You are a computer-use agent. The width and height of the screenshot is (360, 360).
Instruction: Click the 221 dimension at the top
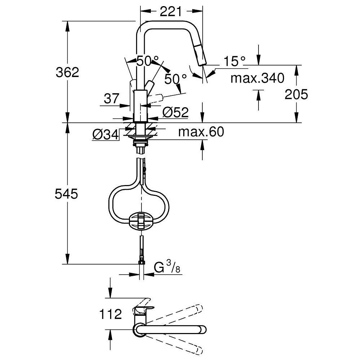coord(170,12)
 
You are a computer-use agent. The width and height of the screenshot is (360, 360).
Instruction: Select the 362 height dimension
coord(67,72)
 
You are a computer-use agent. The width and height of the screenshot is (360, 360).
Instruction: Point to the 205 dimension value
coord(296,94)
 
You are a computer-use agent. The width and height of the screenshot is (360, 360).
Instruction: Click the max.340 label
coord(257,77)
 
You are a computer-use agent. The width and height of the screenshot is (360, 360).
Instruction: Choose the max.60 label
coord(201,132)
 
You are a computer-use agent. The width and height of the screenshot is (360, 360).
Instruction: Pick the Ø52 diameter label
coord(175,112)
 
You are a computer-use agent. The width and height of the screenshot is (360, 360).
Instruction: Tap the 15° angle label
coord(234,61)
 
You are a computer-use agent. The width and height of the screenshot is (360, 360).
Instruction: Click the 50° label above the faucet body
coord(147,61)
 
